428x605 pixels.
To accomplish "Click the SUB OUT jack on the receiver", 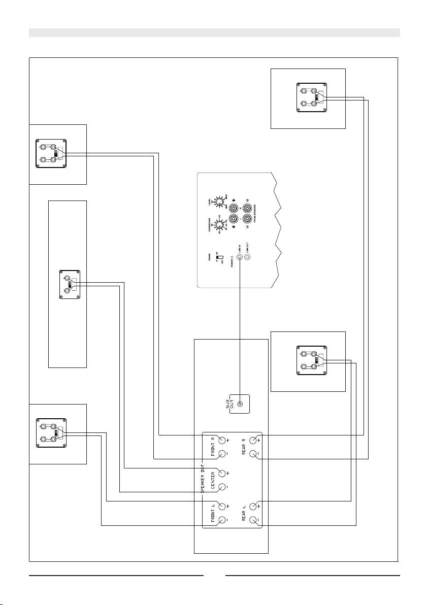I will pos(240,405).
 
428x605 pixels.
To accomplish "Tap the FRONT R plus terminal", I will pos(222,440).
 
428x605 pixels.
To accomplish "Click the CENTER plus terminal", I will pos(222,473).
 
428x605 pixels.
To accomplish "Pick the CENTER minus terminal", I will pos(222,487).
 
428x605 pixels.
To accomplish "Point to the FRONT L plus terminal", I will pos(222,506).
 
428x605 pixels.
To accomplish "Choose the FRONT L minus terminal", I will pos(222,520).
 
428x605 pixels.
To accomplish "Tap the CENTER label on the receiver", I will pos(213,480).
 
